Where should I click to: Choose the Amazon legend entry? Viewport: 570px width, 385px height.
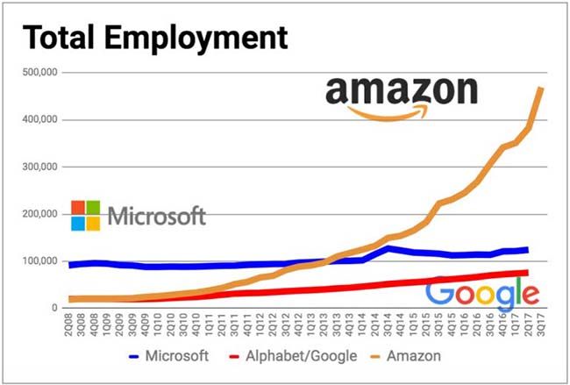click(407, 356)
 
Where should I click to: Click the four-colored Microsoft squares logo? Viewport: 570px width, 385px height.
click(85, 215)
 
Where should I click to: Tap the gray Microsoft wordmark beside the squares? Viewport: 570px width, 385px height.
click(157, 215)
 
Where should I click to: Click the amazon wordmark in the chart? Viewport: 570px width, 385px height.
click(400, 90)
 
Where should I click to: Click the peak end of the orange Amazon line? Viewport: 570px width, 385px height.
click(541, 88)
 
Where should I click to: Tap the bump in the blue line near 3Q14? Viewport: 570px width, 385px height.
click(388, 248)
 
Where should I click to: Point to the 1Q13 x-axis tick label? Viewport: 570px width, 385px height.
click(313, 324)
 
